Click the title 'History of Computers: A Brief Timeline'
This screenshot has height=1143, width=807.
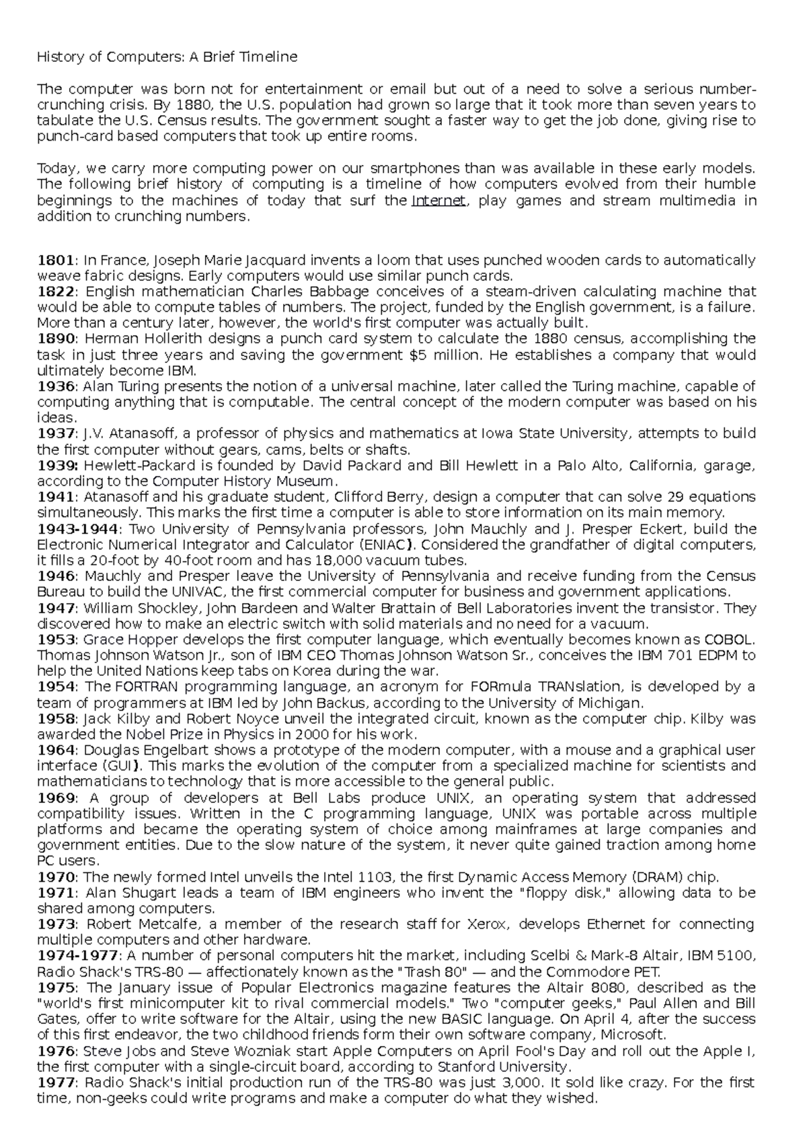pos(167,57)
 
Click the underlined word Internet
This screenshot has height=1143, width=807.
pos(438,201)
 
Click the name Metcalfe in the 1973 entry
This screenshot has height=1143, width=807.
pos(171,924)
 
